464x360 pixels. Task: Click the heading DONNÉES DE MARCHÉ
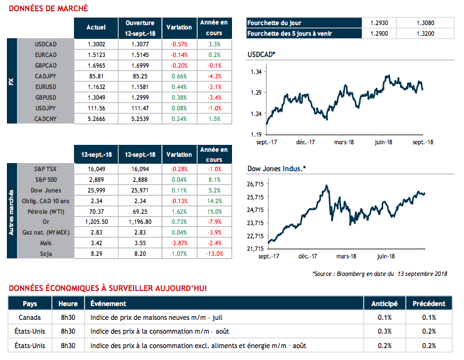(48, 9)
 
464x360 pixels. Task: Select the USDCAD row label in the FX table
(47, 45)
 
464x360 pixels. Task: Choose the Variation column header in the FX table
(179, 28)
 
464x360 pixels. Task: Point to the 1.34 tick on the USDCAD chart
(256, 73)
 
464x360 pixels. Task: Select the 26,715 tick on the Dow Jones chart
(254, 184)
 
